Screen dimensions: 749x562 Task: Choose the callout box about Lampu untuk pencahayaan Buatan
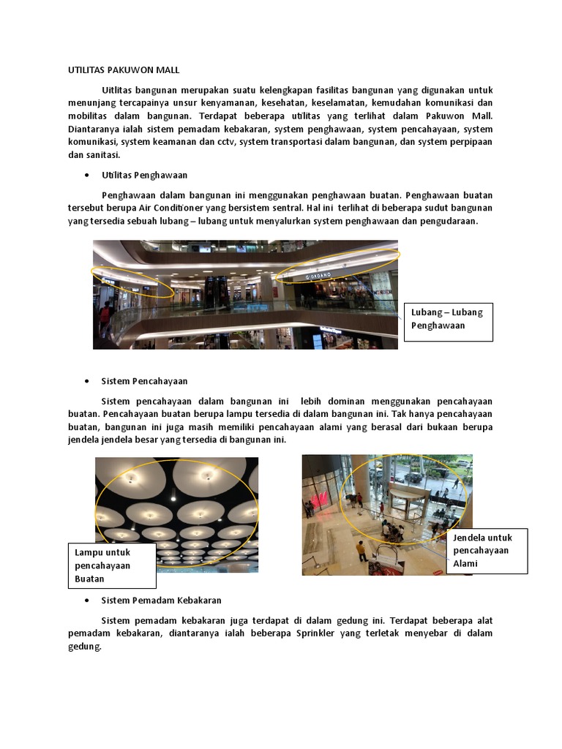(x=111, y=565)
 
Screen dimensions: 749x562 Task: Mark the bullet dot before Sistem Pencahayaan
(x=87, y=381)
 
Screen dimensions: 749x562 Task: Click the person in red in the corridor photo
(x=107, y=317)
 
